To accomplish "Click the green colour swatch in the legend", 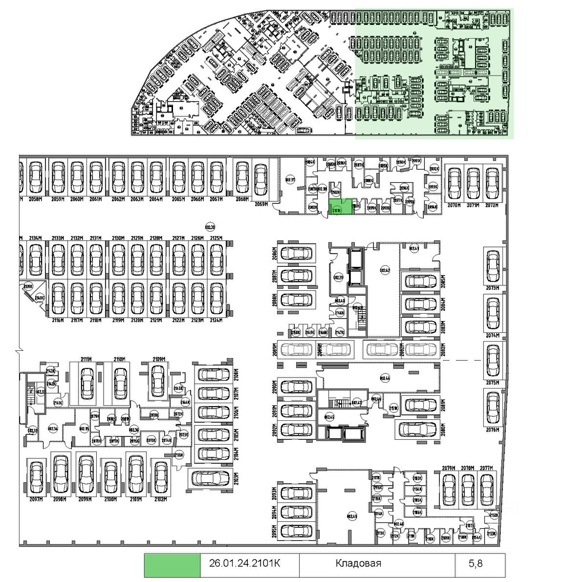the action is pyautogui.click(x=173, y=563).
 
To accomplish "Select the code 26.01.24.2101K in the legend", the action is pyautogui.click(x=244, y=563).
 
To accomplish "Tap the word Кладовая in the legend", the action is pyautogui.click(x=358, y=563).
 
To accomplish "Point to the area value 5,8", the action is pyautogui.click(x=476, y=563).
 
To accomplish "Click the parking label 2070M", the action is pyautogui.click(x=455, y=205).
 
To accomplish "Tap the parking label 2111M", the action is pyautogui.click(x=86, y=359).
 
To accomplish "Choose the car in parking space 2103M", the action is pyautogui.click(x=210, y=477).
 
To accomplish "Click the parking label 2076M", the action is pyautogui.click(x=493, y=430).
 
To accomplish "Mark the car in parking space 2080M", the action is pyautogui.click(x=418, y=429).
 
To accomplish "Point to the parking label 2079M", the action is pyautogui.click(x=449, y=468).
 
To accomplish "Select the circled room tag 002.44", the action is pyautogui.click(x=385, y=378).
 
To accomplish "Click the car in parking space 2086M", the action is pyautogui.click(x=295, y=253).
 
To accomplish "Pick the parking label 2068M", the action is pyautogui.click(x=243, y=199).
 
